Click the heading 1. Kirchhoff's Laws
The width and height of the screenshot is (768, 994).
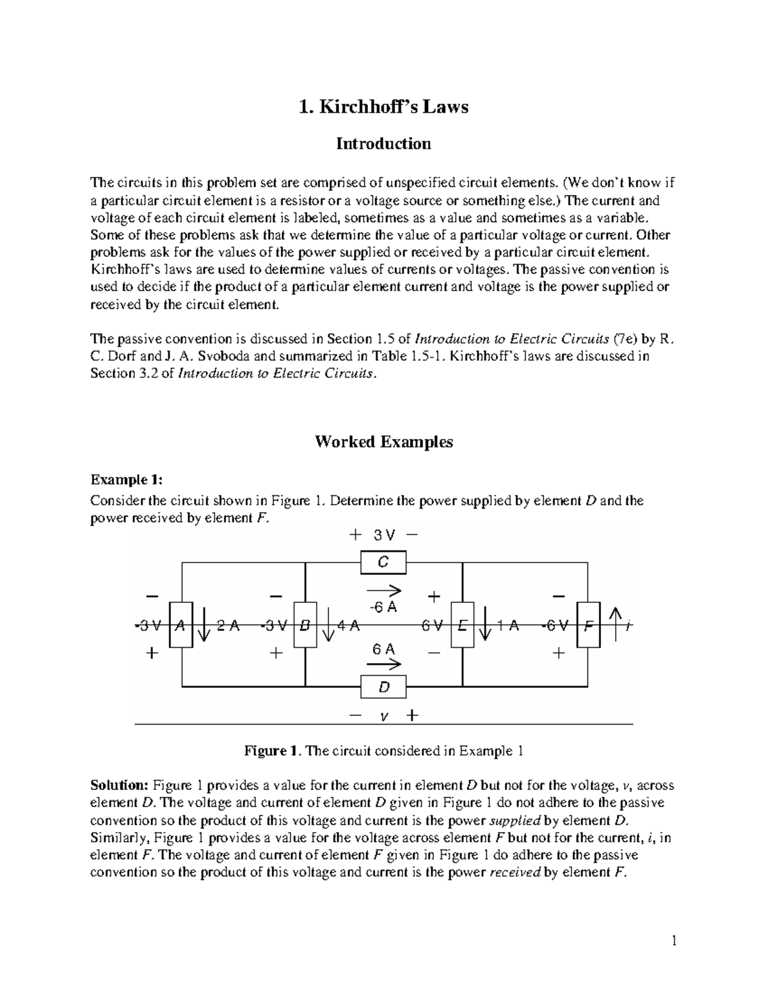coord(383,106)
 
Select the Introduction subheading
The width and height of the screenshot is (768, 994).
coord(383,143)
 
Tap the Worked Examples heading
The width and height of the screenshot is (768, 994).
coord(383,442)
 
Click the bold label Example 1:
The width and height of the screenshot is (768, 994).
coord(127,480)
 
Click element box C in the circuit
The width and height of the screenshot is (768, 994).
coord(383,563)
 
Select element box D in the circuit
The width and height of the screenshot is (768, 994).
coord(383,688)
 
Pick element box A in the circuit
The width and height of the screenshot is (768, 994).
coord(180,625)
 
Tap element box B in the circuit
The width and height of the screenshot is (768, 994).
coord(305,625)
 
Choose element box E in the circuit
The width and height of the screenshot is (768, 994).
coord(462,625)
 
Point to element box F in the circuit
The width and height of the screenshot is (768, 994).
coord(588,625)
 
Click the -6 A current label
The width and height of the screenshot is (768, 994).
coord(383,607)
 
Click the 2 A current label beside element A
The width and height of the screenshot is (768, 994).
coord(228,626)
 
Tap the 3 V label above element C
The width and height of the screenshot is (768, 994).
coord(383,534)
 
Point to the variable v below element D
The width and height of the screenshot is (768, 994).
coord(383,716)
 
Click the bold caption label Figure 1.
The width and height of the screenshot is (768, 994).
coord(271,751)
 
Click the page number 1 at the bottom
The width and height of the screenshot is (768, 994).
coord(673,941)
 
